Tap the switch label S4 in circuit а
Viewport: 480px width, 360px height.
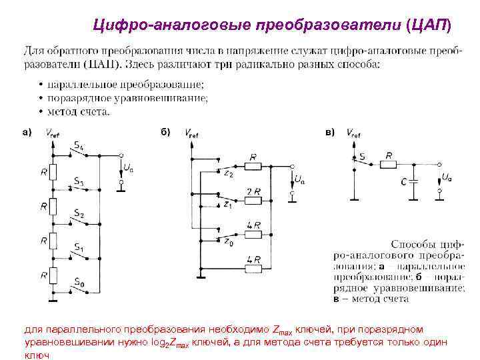coord(79,145)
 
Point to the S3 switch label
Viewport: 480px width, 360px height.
coord(79,181)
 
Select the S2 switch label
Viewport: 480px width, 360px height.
coord(79,215)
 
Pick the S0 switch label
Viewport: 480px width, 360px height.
coord(79,284)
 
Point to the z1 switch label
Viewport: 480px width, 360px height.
coord(227,205)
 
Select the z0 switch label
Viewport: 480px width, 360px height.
coord(227,242)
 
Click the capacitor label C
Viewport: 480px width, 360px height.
coord(404,181)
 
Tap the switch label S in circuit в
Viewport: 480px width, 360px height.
coord(362,155)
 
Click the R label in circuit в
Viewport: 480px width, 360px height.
coord(388,155)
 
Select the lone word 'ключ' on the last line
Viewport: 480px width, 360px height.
coord(37,355)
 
